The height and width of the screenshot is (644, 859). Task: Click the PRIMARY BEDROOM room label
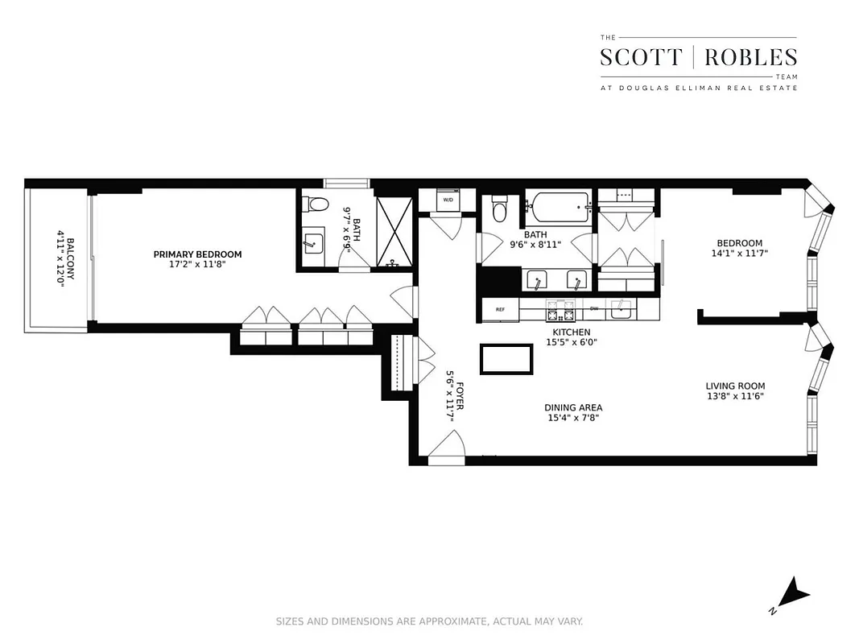pyautogui.click(x=197, y=254)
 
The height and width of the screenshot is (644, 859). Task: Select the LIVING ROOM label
pyautogui.click(x=735, y=386)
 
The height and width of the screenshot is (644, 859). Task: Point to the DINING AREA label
pyautogui.click(x=572, y=407)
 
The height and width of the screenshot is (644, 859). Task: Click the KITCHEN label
pyautogui.click(x=571, y=332)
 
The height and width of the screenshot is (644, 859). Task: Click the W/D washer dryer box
pyautogui.click(x=448, y=200)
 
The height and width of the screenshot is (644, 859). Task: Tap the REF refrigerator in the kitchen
pyautogui.click(x=500, y=309)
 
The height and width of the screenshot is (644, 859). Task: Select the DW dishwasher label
pyautogui.click(x=594, y=308)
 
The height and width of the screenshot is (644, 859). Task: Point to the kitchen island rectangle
pyautogui.click(x=506, y=359)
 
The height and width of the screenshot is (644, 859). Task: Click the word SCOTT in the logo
pyautogui.click(x=642, y=57)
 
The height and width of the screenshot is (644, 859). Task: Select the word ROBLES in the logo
pyautogui.click(x=750, y=57)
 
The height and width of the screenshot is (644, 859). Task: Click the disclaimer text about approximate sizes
pyautogui.click(x=429, y=621)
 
